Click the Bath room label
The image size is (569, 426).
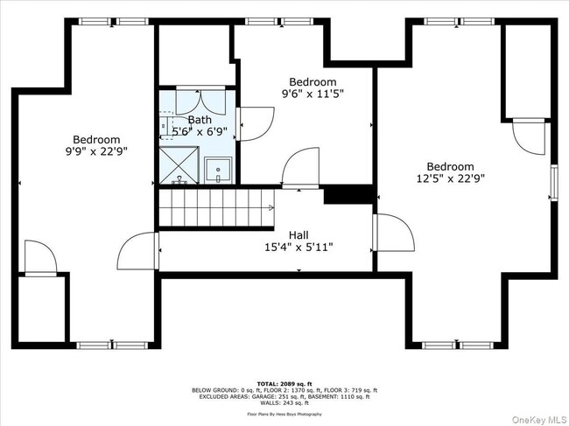(200, 120)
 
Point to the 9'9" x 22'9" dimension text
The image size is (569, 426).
(96, 152)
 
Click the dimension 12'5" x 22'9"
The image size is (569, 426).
(450, 178)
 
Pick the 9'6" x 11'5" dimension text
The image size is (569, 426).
(313, 94)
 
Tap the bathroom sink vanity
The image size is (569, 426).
(218, 171)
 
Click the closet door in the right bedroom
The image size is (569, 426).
(528, 135)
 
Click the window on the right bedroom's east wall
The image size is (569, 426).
(552, 182)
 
